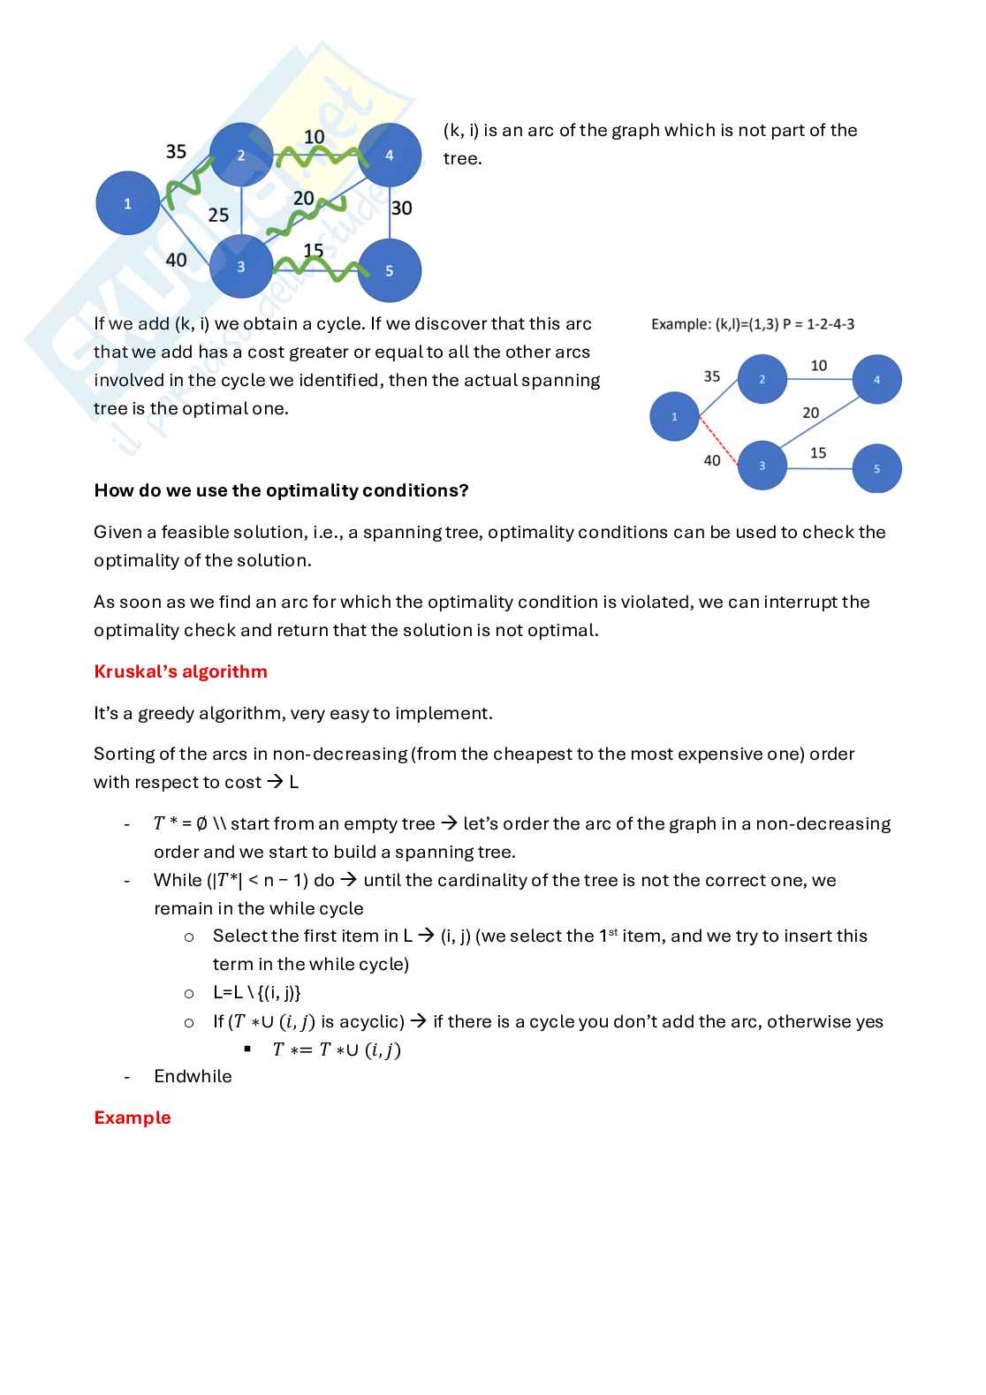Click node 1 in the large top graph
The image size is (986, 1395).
click(x=127, y=203)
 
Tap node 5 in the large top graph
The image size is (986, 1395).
click(x=389, y=270)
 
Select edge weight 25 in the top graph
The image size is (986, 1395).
click(x=218, y=215)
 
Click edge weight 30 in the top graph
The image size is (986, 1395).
click(x=401, y=208)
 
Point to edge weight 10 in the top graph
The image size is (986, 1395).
click(x=314, y=137)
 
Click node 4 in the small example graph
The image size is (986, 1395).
click(x=876, y=379)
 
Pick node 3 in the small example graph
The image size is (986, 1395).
click(x=762, y=465)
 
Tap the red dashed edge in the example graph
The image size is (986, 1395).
click(x=717, y=439)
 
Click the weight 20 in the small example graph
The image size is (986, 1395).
click(x=810, y=413)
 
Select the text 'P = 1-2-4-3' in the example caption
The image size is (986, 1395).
click(x=818, y=324)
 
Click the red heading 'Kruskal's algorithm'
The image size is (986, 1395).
click(x=180, y=671)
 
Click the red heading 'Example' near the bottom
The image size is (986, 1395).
click(x=132, y=1118)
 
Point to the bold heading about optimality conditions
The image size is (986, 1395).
click(x=281, y=490)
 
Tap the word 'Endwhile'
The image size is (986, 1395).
click(x=193, y=1076)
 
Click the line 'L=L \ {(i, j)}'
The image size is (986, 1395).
click(x=256, y=992)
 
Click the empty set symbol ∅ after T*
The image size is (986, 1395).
click(x=201, y=824)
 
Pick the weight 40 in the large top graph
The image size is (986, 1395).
click(x=176, y=259)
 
